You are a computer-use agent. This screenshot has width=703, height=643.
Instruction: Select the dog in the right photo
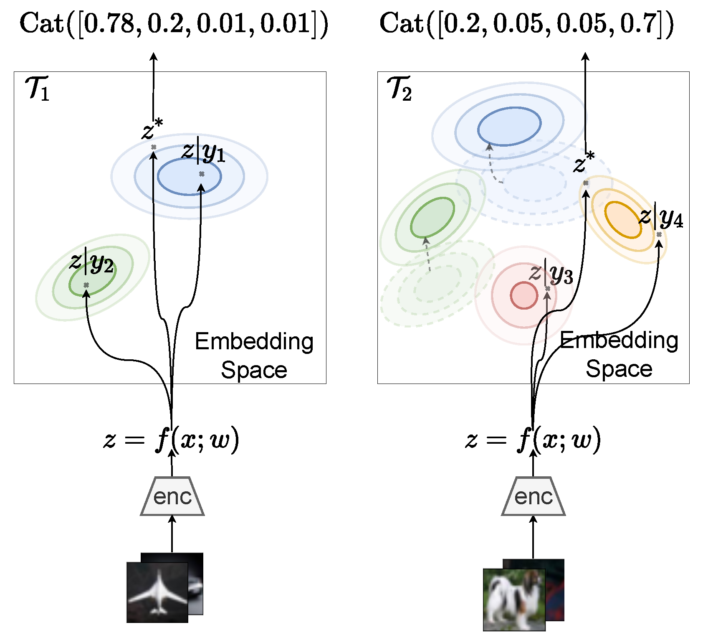511,602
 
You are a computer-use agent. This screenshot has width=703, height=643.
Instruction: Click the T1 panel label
38,89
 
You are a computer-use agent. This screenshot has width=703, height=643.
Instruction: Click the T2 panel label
400,89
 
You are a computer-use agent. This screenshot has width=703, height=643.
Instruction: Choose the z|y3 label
551,274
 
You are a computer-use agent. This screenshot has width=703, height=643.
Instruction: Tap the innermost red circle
523,295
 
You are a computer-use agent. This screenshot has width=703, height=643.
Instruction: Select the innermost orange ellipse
623,219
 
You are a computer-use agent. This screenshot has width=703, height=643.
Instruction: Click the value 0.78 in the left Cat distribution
109,24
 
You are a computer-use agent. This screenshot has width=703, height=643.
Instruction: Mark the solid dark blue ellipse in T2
509,127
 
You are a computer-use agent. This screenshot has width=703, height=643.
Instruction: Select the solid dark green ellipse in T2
432,218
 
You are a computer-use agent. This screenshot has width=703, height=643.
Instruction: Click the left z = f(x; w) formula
171,440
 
